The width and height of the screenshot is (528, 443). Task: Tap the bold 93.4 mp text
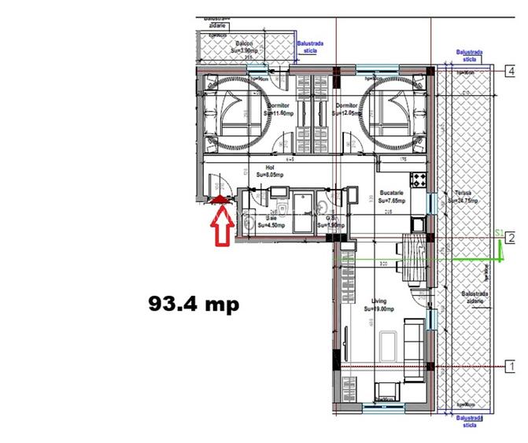click(194, 303)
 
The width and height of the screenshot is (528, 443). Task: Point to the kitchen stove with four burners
click(419, 176)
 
